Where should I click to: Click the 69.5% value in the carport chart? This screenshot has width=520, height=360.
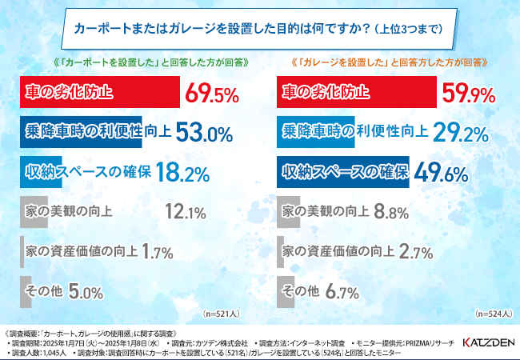tap(213, 94)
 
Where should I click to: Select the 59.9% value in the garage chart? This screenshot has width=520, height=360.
tap(471, 94)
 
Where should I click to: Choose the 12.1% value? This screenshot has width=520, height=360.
tap(186, 213)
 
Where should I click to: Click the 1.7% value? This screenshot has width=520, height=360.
tap(157, 253)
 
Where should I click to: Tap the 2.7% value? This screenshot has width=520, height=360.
tap(416, 253)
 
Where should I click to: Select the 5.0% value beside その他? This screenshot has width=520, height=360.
tap(86, 293)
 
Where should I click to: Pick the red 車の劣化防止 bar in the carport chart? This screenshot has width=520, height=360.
tap(100, 94)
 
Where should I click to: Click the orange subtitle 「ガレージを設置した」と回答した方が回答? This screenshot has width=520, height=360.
tap(391, 62)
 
